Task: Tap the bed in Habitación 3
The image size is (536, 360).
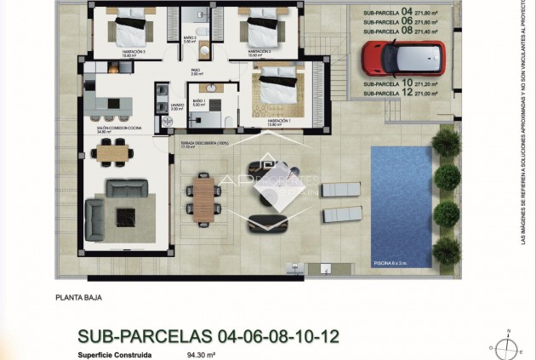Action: coord(129,31)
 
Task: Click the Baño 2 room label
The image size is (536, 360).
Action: coord(189,39)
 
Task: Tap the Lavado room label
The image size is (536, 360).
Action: coord(176,106)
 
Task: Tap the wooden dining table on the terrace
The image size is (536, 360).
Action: coord(202,197)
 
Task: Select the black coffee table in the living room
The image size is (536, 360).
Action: coord(125,217)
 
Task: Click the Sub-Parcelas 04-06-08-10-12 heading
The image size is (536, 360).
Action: coord(208,336)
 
